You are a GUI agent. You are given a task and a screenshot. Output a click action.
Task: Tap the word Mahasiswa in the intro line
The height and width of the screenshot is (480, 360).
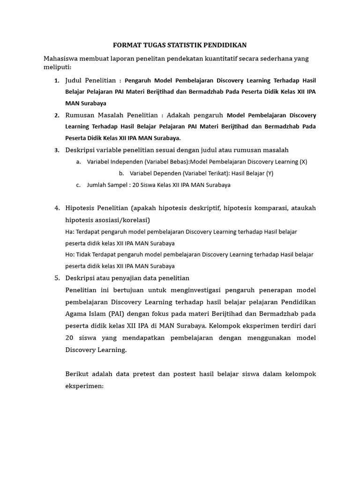[60, 59]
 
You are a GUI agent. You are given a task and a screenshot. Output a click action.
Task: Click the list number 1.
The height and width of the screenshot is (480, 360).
[57, 80]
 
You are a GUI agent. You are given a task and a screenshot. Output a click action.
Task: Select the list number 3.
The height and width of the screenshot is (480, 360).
[57, 150]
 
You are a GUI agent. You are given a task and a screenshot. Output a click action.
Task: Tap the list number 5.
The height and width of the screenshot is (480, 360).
[57, 278]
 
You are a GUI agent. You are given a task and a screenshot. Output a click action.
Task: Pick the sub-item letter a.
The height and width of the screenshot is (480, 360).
[78, 162]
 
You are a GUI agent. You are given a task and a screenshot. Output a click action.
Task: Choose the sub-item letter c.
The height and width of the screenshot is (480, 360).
[78, 185]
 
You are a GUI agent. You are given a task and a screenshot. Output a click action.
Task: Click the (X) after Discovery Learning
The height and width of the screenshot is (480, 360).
[303, 162]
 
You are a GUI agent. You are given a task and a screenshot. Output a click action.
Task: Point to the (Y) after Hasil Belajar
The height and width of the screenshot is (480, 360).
[270, 173]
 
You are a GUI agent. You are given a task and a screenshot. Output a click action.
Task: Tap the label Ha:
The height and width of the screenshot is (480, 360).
[69, 232]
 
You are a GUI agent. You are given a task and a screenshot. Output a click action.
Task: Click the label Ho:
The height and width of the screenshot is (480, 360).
[70, 255]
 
